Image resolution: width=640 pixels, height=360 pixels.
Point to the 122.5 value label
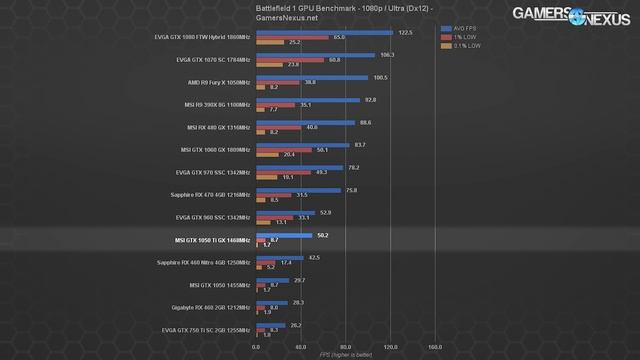pyautogui.click(x=405, y=32)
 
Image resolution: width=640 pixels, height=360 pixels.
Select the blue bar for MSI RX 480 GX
pyautogui.click(x=305, y=123)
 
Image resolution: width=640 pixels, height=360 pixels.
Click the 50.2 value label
pyautogui.click(x=322, y=235)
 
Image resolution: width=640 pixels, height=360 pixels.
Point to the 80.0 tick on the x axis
pyautogui.click(x=345, y=348)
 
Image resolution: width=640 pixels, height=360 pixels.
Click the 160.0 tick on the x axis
pyautogui.click(x=434, y=348)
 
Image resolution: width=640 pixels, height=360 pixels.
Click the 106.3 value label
pyautogui.click(x=387, y=55)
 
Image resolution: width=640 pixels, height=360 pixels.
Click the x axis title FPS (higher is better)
pyautogui.click(x=345, y=355)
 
